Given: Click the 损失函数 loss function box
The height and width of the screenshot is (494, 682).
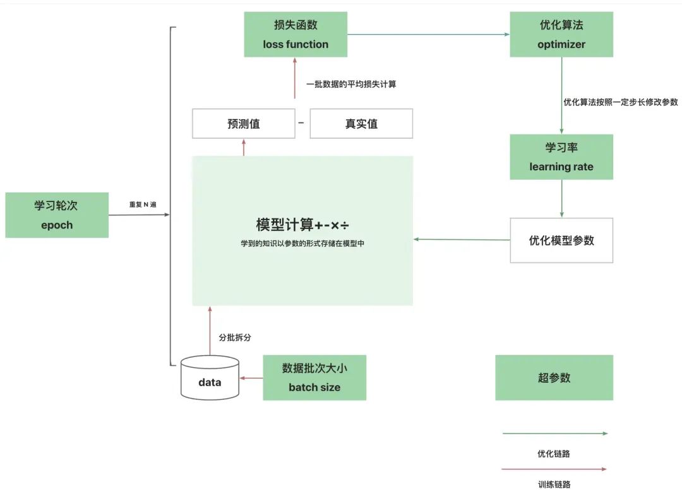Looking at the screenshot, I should [x=296, y=35].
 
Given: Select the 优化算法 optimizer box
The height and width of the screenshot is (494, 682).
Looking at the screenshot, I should [x=561, y=35].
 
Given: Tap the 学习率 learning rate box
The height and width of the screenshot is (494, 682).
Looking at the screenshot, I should [x=561, y=156].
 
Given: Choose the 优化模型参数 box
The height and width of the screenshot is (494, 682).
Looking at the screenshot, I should [x=561, y=240].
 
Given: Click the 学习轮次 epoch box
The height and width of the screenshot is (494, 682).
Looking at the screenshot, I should [x=57, y=215].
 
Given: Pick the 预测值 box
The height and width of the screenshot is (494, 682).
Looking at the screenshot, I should [x=243, y=124].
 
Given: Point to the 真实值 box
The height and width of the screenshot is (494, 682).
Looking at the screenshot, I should [x=361, y=124].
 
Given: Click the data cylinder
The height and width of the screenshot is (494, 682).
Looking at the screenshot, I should [x=210, y=379].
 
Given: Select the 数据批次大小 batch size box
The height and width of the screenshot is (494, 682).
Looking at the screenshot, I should [x=314, y=377].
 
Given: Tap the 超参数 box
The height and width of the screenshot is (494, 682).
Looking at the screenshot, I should [x=554, y=377].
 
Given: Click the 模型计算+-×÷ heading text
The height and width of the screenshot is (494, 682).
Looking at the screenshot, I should [x=302, y=225].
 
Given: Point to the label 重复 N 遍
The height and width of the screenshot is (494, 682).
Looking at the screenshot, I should [x=142, y=204].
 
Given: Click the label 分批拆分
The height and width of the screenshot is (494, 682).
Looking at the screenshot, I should [x=235, y=338].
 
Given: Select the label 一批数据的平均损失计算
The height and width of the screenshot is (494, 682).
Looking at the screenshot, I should [x=351, y=84].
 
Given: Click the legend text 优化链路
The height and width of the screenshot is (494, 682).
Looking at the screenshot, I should [x=554, y=454].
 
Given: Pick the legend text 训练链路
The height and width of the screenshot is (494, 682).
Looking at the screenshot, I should [x=554, y=485].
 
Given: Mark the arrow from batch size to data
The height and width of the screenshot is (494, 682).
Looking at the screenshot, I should [x=251, y=379].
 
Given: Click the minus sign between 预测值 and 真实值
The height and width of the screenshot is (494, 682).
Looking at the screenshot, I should [x=301, y=123].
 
